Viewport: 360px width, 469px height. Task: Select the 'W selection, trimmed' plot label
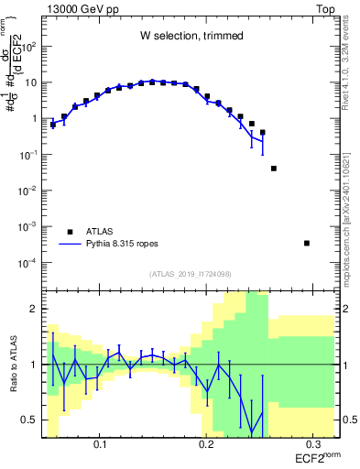(x=191, y=36)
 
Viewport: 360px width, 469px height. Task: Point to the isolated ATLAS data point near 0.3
(x=307, y=243)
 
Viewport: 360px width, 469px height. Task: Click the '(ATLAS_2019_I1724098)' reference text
(x=191, y=274)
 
